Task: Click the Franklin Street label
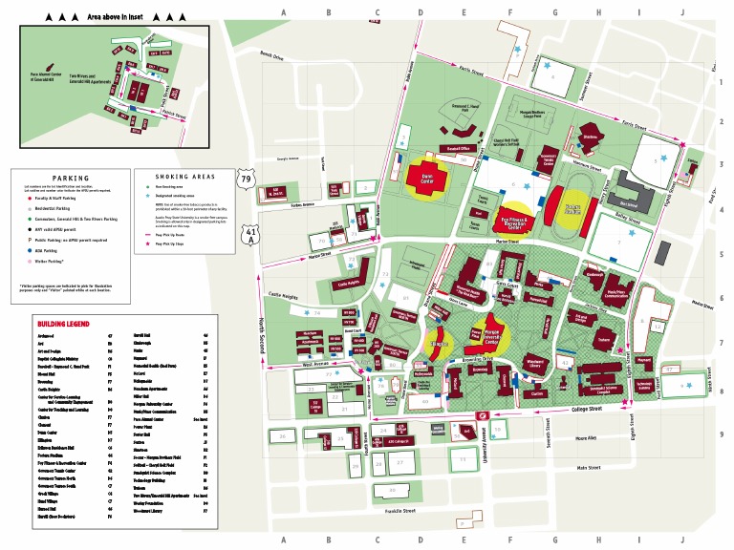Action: (x=400, y=512)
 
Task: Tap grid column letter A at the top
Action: (x=284, y=12)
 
